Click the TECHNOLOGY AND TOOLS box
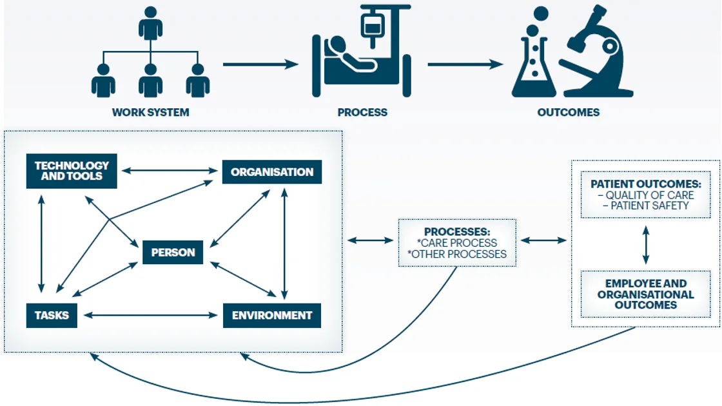click(72, 171)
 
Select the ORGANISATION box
click(271, 172)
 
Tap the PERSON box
click(173, 252)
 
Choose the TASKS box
click(52, 315)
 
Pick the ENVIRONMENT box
click(271, 315)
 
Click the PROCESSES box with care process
click(457, 242)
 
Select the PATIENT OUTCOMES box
click(645, 195)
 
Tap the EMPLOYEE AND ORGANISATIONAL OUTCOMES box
click(645, 294)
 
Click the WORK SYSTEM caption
click(151, 112)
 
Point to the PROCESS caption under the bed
click(362, 112)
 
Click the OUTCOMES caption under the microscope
click(568, 112)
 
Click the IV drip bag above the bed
click(371, 27)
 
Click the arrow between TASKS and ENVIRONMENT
click(150, 315)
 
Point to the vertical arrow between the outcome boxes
click(645, 244)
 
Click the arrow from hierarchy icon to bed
click(261, 64)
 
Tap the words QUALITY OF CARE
click(649, 195)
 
